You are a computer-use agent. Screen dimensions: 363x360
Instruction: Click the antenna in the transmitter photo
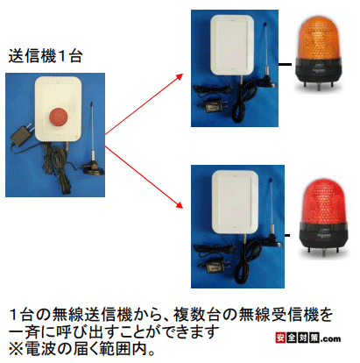93,132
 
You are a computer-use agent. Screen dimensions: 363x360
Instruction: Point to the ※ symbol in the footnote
16,349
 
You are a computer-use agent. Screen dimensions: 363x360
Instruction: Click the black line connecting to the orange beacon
286,64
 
